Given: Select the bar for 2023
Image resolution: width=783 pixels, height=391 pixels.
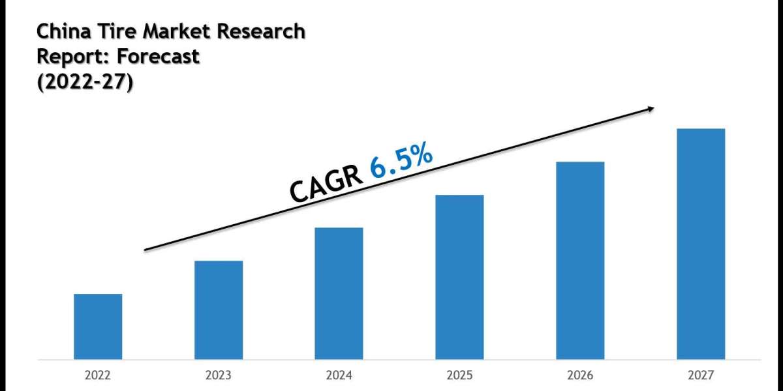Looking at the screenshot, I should [219, 310].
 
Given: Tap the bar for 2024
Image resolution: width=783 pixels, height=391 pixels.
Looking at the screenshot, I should [339, 293].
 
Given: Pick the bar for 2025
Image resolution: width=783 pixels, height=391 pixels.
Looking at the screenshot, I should [459, 277].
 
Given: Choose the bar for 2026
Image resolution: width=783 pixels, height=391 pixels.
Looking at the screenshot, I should [580, 260].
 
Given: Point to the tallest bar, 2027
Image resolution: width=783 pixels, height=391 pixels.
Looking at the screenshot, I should [701, 244].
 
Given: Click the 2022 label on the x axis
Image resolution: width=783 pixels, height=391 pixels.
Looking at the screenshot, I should [98, 375].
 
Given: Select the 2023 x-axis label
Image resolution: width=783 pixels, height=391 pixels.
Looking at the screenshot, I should [219, 375].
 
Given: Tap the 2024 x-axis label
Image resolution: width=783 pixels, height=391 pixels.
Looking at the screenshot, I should [339, 375].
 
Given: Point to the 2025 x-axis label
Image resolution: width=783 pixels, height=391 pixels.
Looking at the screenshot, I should [459, 375].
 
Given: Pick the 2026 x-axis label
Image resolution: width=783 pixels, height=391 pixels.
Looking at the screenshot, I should [580, 375].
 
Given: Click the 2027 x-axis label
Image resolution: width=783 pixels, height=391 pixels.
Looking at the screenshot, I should [701, 375].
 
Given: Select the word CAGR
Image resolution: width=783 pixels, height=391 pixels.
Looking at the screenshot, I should [326, 184].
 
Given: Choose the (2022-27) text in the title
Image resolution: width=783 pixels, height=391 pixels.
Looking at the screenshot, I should [85, 83].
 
